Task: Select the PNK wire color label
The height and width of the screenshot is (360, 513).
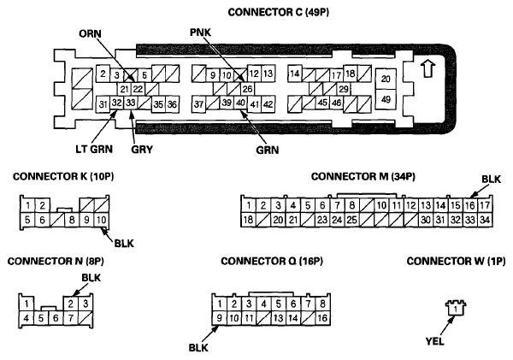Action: (203, 34)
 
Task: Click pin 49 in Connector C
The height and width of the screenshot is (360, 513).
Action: (386, 99)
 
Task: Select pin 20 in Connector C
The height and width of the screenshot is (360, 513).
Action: (386, 80)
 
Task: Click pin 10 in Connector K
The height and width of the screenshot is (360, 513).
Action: (100, 220)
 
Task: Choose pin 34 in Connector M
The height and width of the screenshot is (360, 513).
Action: (484, 220)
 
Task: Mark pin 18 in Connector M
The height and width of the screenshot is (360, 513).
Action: (248, 220)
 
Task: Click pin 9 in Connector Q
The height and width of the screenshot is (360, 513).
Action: (220, 318)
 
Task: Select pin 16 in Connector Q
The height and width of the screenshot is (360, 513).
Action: (321, 318)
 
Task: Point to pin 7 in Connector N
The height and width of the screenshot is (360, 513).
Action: (71, 318)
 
